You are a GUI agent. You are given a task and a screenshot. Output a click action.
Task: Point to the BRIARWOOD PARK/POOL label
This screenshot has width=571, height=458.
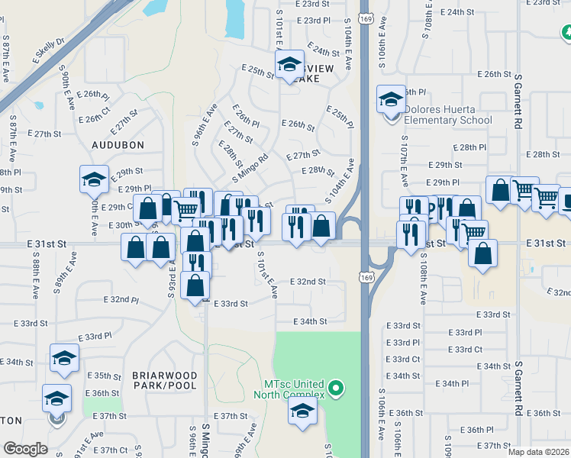click(165, 381)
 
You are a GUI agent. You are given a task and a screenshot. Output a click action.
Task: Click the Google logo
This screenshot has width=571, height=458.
click(25, 449)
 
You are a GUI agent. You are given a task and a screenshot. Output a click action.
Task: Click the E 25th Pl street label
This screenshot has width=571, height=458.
click(340, 117)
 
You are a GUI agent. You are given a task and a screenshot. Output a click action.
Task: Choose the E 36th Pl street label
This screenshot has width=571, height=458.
click(481, 430)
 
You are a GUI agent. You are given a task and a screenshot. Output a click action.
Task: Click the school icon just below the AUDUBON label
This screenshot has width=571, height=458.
click(94, 180)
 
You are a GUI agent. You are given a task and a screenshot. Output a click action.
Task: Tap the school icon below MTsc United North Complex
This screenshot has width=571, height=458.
click(302, 412)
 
